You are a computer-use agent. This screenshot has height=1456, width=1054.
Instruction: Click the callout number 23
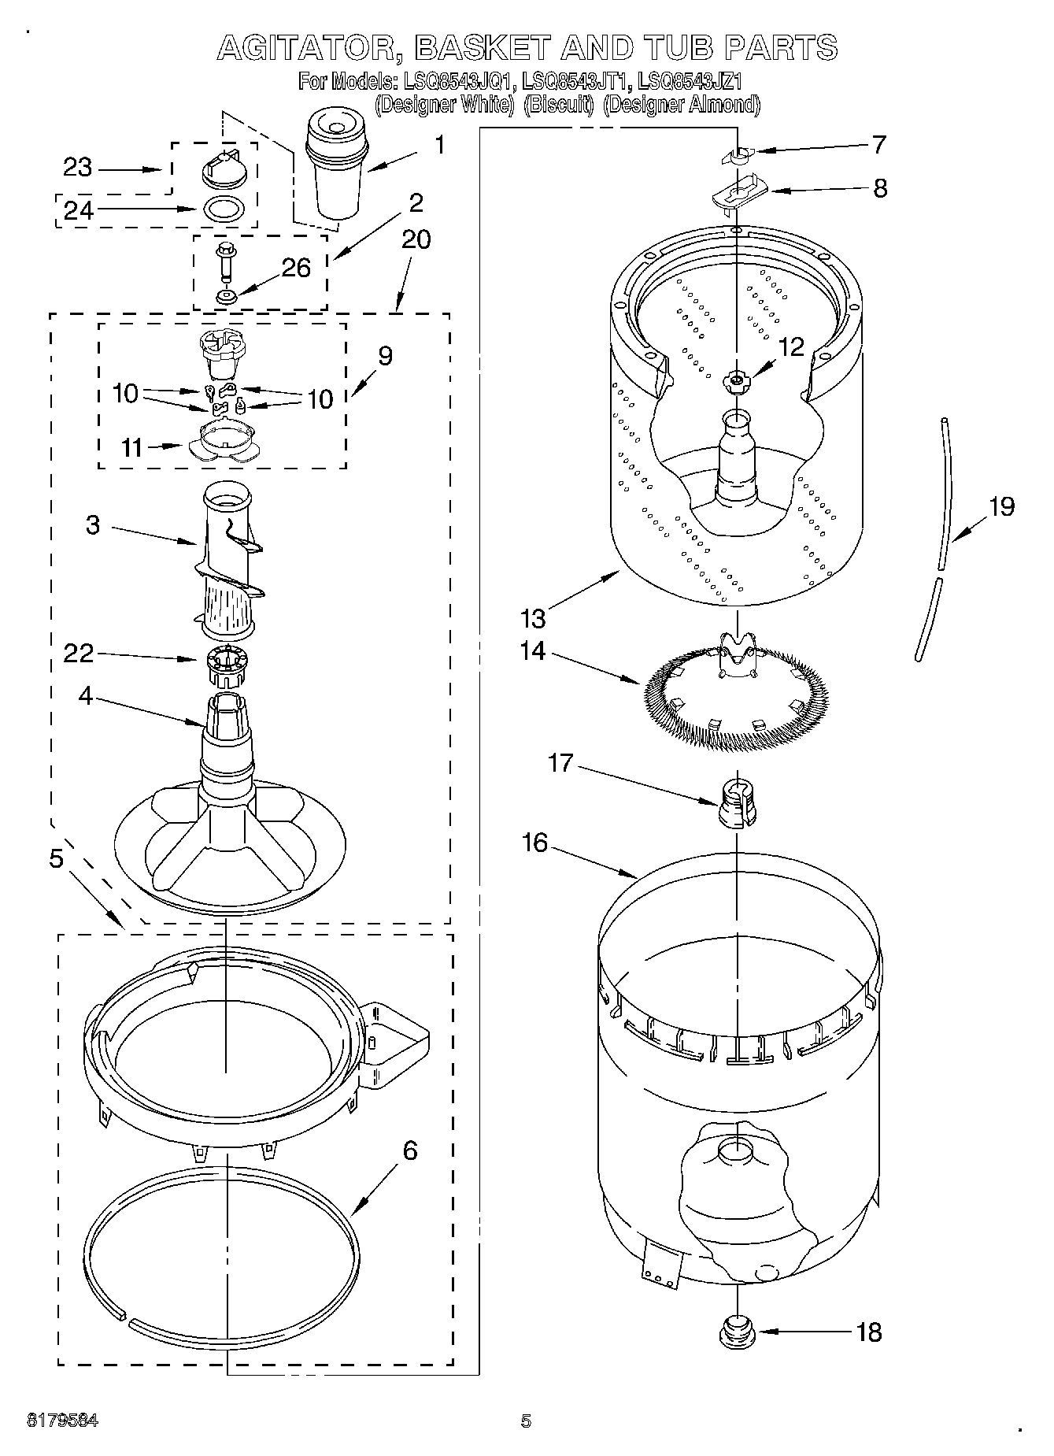pyautogui.click(x=78, y=168)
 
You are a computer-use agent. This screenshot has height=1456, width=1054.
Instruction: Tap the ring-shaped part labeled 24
pyautogui.click(x=224, y=210)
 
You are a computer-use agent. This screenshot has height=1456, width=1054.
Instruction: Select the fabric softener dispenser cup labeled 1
pyautogui.click(x=336, y=165)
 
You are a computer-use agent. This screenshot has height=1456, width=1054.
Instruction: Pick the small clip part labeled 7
pyautogui.click(x=738, y=155)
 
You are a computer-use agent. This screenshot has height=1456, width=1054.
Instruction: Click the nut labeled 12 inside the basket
pyautogui.click(x=736, y=380)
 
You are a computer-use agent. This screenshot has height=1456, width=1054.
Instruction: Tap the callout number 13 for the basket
pyautogui.click(x=533, y=618)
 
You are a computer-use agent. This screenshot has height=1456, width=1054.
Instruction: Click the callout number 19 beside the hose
pyautogui.click(x=1001, y=506)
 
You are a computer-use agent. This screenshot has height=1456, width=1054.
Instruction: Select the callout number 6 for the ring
pyautogui.click(x=409, y=1150)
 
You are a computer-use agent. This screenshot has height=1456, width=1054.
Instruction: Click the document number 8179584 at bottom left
pyautogui.click(x=62, y=1420)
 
